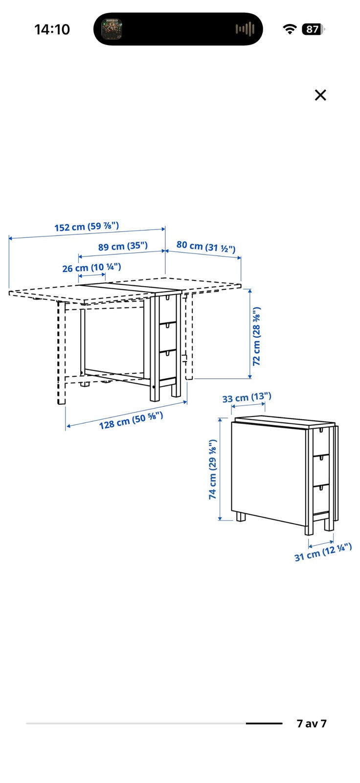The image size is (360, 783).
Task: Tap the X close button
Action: (320, 95)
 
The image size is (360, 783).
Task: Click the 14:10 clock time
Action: (52, 29)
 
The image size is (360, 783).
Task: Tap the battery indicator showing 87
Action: (313, 29)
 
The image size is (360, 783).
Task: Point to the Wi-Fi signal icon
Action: (290, 29)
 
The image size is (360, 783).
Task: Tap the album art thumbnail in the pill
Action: (112, 29)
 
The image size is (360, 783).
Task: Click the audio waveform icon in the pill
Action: (245, 29)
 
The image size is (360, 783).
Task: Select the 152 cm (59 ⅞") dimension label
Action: (87, 227)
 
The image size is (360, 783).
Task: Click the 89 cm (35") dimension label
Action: (123, 246)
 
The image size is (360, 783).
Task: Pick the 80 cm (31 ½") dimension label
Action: (206, 247)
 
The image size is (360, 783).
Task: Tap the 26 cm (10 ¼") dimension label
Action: (91, 268)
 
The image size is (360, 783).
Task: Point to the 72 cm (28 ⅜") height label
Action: (256, 336)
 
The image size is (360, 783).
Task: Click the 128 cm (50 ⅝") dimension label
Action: (131, 420)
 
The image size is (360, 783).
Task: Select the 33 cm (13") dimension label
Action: (247, 397)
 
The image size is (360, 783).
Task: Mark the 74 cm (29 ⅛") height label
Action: (212, 469)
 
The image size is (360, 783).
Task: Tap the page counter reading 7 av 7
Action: (312, 723)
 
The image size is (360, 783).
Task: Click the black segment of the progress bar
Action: (264, 723)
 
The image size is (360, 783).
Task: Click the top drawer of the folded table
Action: (321, 441)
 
